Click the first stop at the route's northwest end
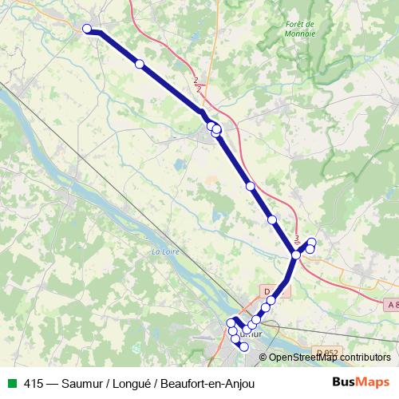87,29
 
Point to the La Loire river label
164,252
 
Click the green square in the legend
11,384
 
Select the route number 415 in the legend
34,384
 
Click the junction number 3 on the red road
297,238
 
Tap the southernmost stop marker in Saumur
244,346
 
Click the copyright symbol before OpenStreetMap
264,358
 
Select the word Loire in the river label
168,252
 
